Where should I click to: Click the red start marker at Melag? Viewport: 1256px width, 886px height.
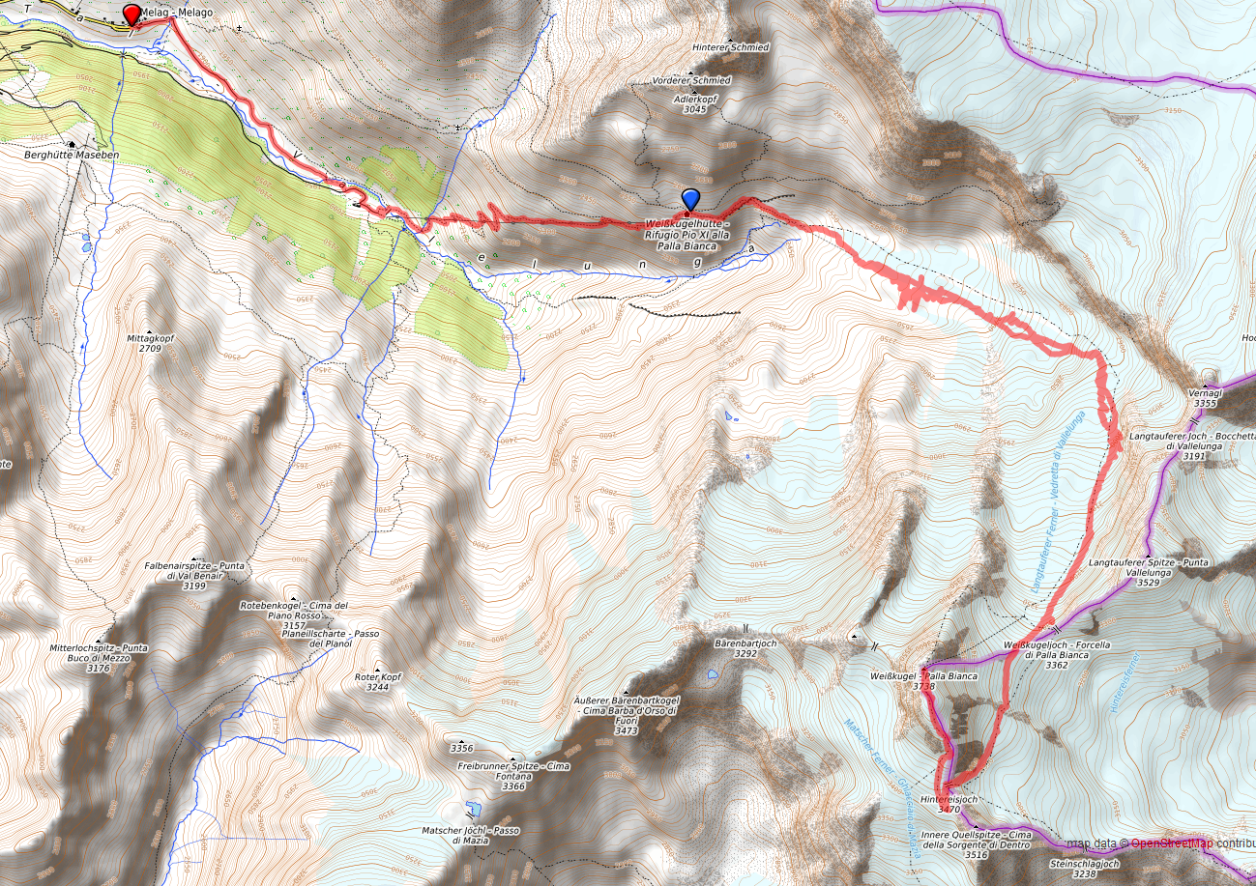[131, 14]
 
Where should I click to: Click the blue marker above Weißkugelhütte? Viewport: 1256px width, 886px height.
[689, 199]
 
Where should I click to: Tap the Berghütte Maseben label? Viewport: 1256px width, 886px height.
[66, 154]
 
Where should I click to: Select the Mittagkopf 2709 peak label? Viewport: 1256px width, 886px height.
[149, 343]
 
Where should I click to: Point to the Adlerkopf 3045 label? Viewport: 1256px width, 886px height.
[694, 103]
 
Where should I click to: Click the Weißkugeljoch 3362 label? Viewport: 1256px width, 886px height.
[1049, 654]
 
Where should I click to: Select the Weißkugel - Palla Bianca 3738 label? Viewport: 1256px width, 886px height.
[923, 680]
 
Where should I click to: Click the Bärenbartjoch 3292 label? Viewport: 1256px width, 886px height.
[745, 646]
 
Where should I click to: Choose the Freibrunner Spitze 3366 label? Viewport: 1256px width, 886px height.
[513, 776]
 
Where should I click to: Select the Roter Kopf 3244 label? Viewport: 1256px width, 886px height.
[377, 681]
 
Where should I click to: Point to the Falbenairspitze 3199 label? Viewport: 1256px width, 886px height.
[193, 575]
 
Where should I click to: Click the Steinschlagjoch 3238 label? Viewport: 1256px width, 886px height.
[1084, 868]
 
